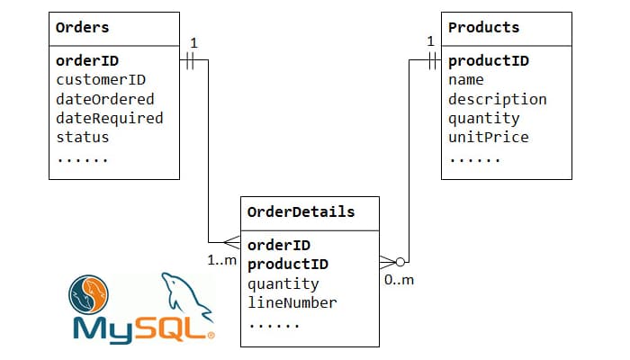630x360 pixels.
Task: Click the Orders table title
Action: coord(82,28)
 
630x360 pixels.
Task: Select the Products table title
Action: coord(483,28)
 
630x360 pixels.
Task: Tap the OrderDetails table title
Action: coord(301,212)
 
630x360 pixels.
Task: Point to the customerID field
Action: coord(101,80)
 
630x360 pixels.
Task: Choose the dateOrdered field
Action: coord(104,99)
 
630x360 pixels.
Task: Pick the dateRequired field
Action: coord(109,118)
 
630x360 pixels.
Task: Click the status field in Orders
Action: coord(82,137)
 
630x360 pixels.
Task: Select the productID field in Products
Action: coord(488,61)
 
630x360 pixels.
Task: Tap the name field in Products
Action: coord(466,80)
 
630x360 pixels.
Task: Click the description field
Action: coord(497,99)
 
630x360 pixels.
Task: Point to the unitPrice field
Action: coord(488,137)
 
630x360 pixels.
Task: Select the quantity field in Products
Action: coord(483,118)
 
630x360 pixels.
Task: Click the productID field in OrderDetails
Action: coord(287,264)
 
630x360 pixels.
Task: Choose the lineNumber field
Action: coord(292,302)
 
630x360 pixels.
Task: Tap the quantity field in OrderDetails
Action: coord(283,283)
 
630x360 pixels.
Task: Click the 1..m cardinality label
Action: coord(221,260)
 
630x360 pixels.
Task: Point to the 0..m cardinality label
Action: coord(400,280)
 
